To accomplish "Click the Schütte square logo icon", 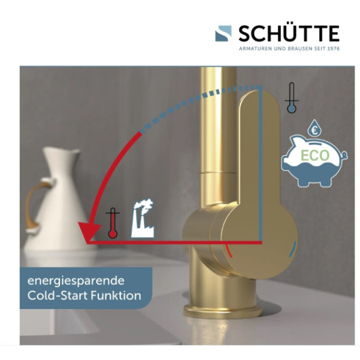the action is click(223, 33).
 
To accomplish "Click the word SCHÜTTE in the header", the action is click(289, 33).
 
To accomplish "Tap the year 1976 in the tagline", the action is click(333, 48).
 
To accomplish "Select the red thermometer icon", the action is click(112, 223).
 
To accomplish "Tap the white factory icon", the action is click(142, 218).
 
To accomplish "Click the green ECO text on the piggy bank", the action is click(315, 155).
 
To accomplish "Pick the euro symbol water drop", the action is click(314, 128).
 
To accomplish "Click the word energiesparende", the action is click(76, 281).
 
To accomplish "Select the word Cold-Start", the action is click(58, 295).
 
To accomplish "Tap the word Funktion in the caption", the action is click(116, 295).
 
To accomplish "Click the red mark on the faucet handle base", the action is click(229, 250).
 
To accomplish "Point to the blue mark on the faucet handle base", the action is click(292, 248).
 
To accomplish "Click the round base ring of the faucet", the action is click(222, 310).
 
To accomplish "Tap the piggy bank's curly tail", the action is click(344, 155).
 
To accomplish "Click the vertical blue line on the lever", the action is click(260, 163).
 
